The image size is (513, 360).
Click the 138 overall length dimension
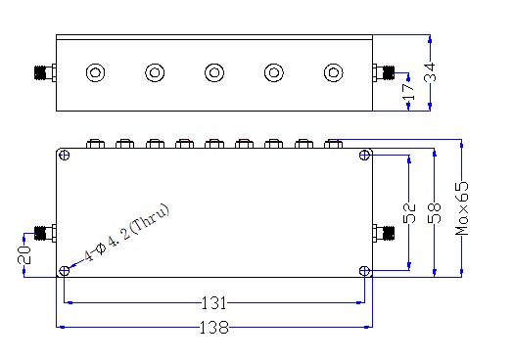[214, 327]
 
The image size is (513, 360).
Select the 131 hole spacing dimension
[213, 303]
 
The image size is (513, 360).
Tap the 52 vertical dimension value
[409, 213]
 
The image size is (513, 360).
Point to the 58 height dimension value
[435, 213]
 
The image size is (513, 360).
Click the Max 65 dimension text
[462, 208]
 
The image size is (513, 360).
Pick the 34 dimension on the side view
[430, 72]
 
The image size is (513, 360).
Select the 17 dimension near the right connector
[408, 92]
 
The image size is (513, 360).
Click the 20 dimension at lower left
[24, 255]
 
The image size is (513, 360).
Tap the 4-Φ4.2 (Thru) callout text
[127, 233]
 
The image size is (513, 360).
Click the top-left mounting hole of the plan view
[66, 155]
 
